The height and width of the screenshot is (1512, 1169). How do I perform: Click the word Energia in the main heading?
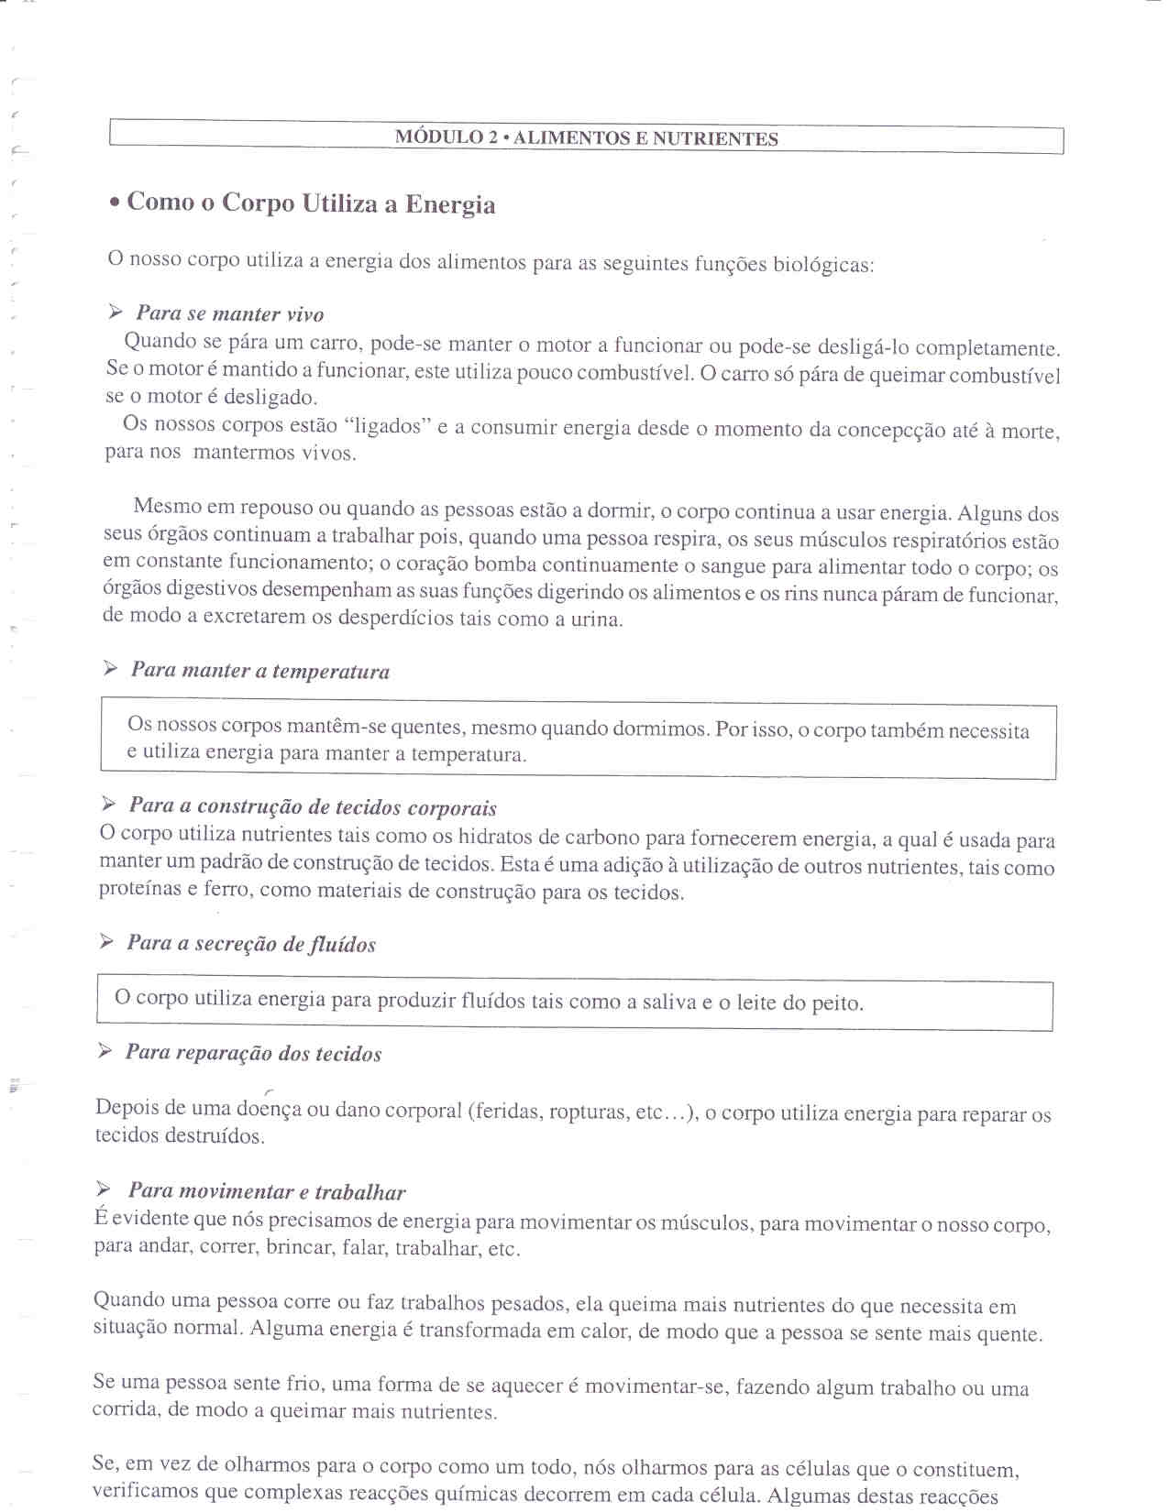point(450,204)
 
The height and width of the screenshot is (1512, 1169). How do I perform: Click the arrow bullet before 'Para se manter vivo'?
point(115,312)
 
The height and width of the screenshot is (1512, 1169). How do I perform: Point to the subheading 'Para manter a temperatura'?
point(259,671)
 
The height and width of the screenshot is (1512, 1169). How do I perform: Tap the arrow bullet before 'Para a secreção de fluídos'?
point(106,942)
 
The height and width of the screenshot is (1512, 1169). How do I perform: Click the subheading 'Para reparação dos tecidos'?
point(252,1053)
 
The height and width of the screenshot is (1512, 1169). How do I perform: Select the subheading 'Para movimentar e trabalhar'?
point(266,1191)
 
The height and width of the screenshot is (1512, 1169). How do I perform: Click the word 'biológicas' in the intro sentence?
point(823,265)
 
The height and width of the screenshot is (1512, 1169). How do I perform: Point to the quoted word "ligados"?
point(387,426)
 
